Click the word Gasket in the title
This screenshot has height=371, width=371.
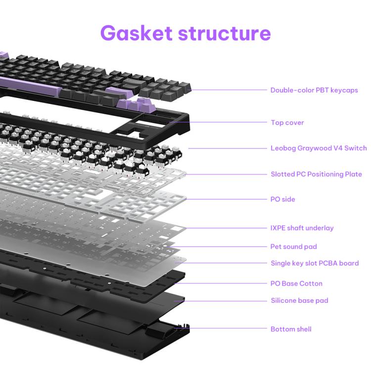[136, 33]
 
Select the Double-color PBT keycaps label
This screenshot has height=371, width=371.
[314, 90]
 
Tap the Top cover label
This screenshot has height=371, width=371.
[287, 123]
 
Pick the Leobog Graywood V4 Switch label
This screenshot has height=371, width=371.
[319, 148]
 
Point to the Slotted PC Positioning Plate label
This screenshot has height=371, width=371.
[316, 174]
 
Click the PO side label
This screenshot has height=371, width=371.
[283, 199]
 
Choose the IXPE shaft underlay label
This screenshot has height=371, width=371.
[302, 228]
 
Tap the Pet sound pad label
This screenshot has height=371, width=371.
[294, 246]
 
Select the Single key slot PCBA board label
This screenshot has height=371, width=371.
[315, 263]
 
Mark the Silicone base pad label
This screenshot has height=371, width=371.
[299, 301]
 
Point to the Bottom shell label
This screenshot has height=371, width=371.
[291, 329]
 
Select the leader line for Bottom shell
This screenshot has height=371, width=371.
[228, 328]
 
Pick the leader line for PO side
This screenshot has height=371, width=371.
[228, 199]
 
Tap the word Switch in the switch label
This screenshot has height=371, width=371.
[356, 148]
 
